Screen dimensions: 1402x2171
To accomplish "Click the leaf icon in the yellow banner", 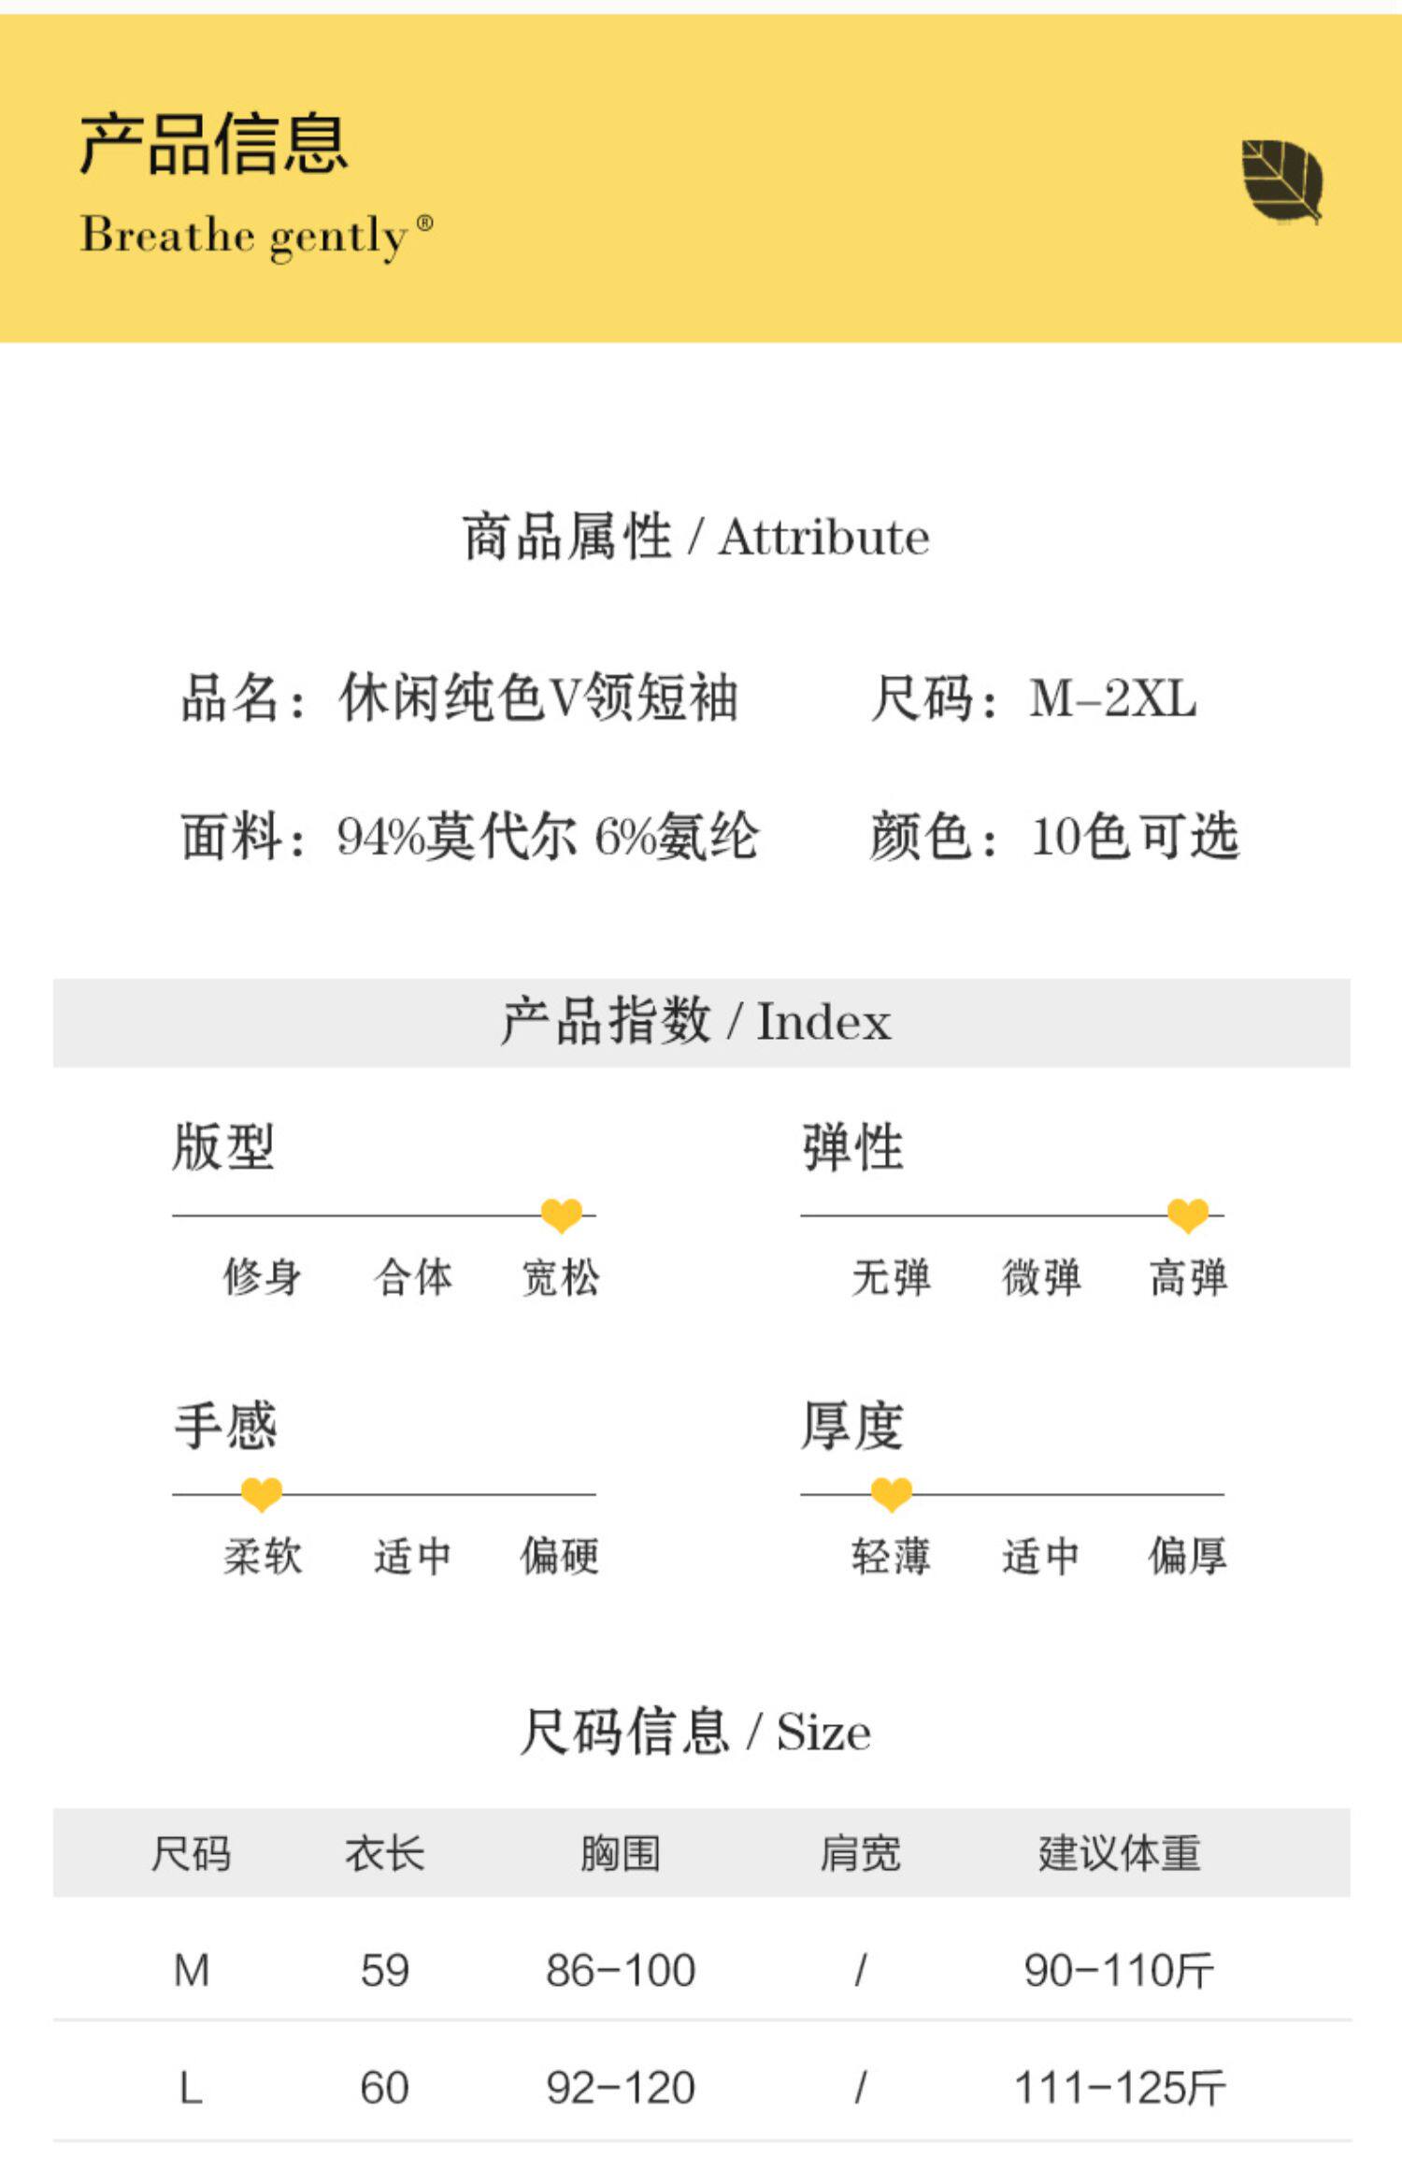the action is click(1281, 181).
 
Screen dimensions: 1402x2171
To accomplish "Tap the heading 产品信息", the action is click(213, 144).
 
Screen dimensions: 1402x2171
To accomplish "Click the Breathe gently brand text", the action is click(256, 235).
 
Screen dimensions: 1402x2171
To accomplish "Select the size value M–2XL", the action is click(1112, 698).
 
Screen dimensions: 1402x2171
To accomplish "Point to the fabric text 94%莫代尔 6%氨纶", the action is click(548, 836).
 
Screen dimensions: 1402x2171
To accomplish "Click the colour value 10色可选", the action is click(1135, 836).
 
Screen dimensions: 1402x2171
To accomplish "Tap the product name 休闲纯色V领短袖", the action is click(538, 698).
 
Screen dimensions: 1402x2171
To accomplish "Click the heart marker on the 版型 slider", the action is click(561, 1215).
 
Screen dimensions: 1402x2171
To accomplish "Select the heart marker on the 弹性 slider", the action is click(1188, 1215).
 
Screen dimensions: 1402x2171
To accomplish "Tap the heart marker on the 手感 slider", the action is click(262, 1494).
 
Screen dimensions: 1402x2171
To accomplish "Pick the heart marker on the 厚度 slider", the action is click(891, 1494).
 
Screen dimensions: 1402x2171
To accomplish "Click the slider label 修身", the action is click(263, 1277).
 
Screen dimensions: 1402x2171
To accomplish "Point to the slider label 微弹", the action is click(1040, 1277).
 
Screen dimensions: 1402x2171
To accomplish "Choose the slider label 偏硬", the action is click(559, 1557).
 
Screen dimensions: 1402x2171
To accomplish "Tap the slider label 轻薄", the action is click(891, 1557).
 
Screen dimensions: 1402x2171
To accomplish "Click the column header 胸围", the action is click(621, 1853).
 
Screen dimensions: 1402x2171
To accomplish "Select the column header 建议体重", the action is click(1119, 1853).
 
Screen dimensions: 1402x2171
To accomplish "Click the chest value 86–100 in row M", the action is click(621, 1970).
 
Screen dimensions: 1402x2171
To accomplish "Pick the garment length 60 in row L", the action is click(384, 2088).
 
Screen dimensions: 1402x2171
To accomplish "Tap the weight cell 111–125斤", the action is click(1119, 2088).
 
